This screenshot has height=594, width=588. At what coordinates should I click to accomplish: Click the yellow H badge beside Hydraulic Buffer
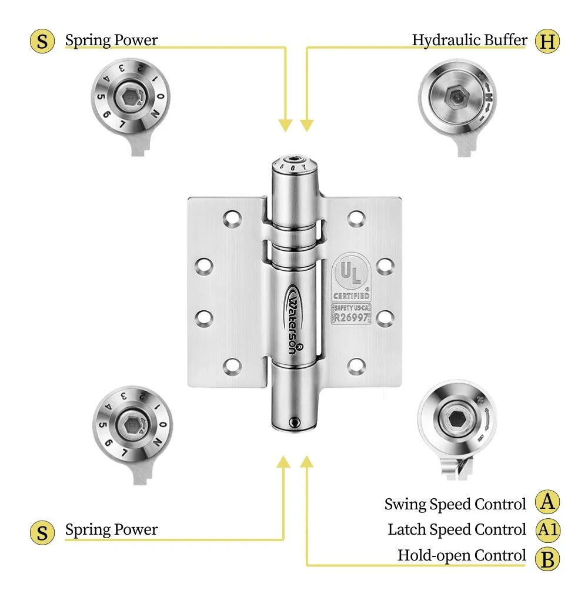[547, 42]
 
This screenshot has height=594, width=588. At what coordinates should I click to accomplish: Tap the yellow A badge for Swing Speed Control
[547, 503]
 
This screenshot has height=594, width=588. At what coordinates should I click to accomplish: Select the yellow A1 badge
[547, 530]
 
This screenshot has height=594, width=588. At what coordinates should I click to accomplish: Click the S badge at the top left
[42, 42]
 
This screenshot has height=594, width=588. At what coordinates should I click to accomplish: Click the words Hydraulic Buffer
[469, 41]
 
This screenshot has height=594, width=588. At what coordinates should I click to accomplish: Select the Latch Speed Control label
[457, 530]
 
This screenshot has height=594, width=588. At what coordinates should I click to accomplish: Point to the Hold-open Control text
[462, 556]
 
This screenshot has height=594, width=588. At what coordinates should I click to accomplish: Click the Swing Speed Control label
[455, 504]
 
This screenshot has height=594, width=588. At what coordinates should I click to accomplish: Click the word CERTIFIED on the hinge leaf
[352, 296]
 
